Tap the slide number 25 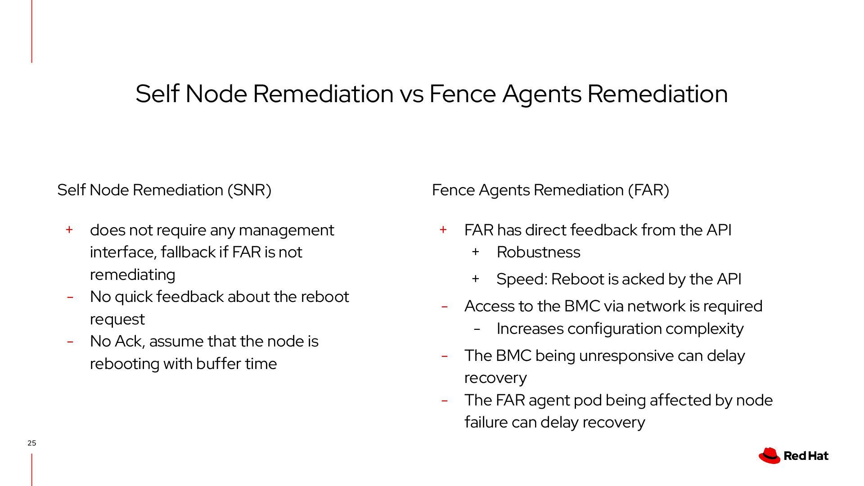pos(31,443)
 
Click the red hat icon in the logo pos(769,455)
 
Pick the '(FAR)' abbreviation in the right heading pos(648,190)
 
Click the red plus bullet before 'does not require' pos(69,230)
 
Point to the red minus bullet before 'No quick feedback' pos(70,297)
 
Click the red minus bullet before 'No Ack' pos(70,342)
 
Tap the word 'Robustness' pos(538,252)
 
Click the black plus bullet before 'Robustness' pos(475,252)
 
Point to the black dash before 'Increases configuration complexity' pos(477,329)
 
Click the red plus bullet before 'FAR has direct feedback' pos(443,230)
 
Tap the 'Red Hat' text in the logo pos(805,456)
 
